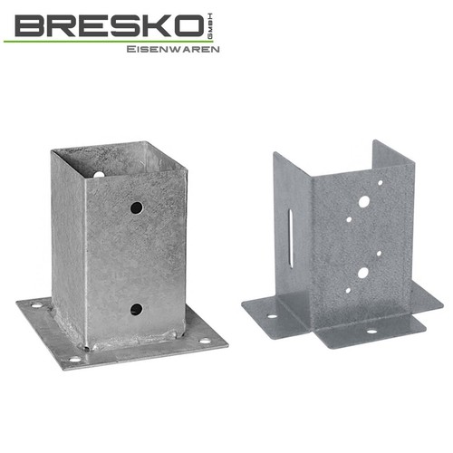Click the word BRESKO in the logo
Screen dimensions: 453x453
tap(108, 26)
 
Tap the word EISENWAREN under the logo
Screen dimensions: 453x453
tap(173, 49)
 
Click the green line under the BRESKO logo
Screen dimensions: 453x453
tap(108, 41)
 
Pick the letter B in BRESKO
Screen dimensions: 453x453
tap(31, 26)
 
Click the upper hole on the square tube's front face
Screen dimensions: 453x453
tap(137, 207)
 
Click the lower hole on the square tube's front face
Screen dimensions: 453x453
tap(136, 309)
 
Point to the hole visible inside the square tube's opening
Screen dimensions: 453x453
tap(98, 174)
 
